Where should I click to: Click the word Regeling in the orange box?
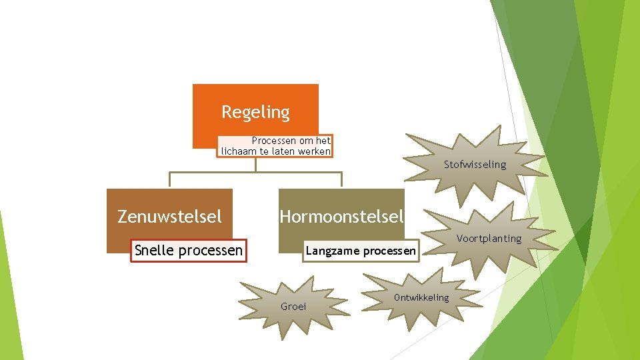coord(255,112)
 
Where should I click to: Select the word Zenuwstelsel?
coord(169,216)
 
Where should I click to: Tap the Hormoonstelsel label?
coord(341,216)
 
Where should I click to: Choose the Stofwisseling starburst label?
coord(475,165)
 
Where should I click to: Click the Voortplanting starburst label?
coord(489,239)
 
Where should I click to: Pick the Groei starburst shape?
coord(293,307)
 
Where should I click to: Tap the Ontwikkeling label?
coord(422,297)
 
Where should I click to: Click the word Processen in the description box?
coord(273,141)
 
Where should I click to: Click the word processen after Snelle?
coord(211,251)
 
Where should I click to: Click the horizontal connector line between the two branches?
coord(255,173)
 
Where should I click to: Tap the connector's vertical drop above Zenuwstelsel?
coord(169,180)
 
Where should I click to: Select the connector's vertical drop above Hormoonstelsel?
coord(341,180)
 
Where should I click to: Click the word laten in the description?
coord(283,151)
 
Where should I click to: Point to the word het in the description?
coord(323,141)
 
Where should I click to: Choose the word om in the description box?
coord(306,141)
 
